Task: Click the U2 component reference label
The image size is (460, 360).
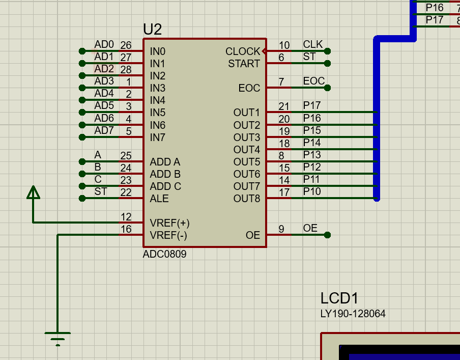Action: pyautogui.click(x=152, y=30)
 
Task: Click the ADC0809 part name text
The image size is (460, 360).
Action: pyautogui.click(x=164, y=254)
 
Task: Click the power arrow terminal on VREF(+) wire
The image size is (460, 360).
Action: pyautogui.click(x=33, y=192)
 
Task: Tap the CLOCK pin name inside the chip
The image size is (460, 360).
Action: pyautogui.click(x=242, y=51)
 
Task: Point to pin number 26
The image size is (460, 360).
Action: pyautogui.click(x=126, y=46)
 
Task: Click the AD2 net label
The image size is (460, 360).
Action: pyautogui.click(x=104, y=68)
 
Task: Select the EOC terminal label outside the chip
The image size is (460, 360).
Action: pyautogui.click(x=313, y=81)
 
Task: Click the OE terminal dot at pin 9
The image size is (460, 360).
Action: pyautogui.click(x=328, y=235)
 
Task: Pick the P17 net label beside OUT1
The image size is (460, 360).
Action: pyautogui.click(x=312, y=105)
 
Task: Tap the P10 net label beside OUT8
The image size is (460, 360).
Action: pyautogui.click(x=312, y=191)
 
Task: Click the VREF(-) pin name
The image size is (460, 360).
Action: pyautogui.click(x=168, y=235)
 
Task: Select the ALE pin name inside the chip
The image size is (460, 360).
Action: pyautogui.click(x=159, y=199)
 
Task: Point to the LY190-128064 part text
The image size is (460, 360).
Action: pyautogui.click(x=353, y=314)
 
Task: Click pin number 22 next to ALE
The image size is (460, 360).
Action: pyautogui.click(x=126, y=192)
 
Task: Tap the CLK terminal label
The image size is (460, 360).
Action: pyautogui.click(x=313, y=44)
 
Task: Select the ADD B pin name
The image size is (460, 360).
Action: pyautogui.click(x=165, y=174)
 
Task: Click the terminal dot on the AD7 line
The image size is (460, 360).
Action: pyautogui.click(x=82, y=137)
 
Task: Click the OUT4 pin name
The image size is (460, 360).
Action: pyautogui.click(x=246, y=150)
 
